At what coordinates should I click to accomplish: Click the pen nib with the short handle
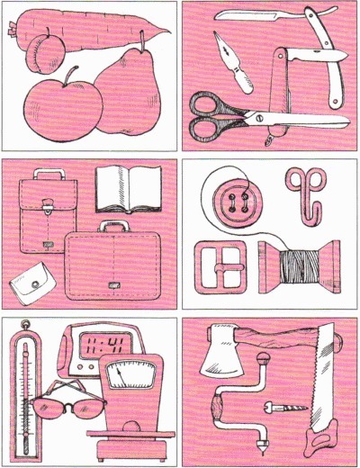point(232,62)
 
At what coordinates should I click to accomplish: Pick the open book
point(129,189)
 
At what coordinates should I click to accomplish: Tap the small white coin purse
point(32,283)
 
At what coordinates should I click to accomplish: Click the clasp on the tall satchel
point(47,207)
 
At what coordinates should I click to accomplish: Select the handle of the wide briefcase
point(113,227)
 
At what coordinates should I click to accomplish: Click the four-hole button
point(238,202)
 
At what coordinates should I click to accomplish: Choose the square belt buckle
point(220,266)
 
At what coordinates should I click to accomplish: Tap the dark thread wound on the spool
point(300,266)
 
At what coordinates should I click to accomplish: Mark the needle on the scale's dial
point(121,377)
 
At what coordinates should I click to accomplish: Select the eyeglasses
point(68,400)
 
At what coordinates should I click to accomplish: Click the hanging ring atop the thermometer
point(25,324)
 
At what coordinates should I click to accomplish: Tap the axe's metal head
point(221,352)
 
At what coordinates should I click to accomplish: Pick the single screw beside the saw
point(285,408)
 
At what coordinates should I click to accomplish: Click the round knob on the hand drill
point(263,359)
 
